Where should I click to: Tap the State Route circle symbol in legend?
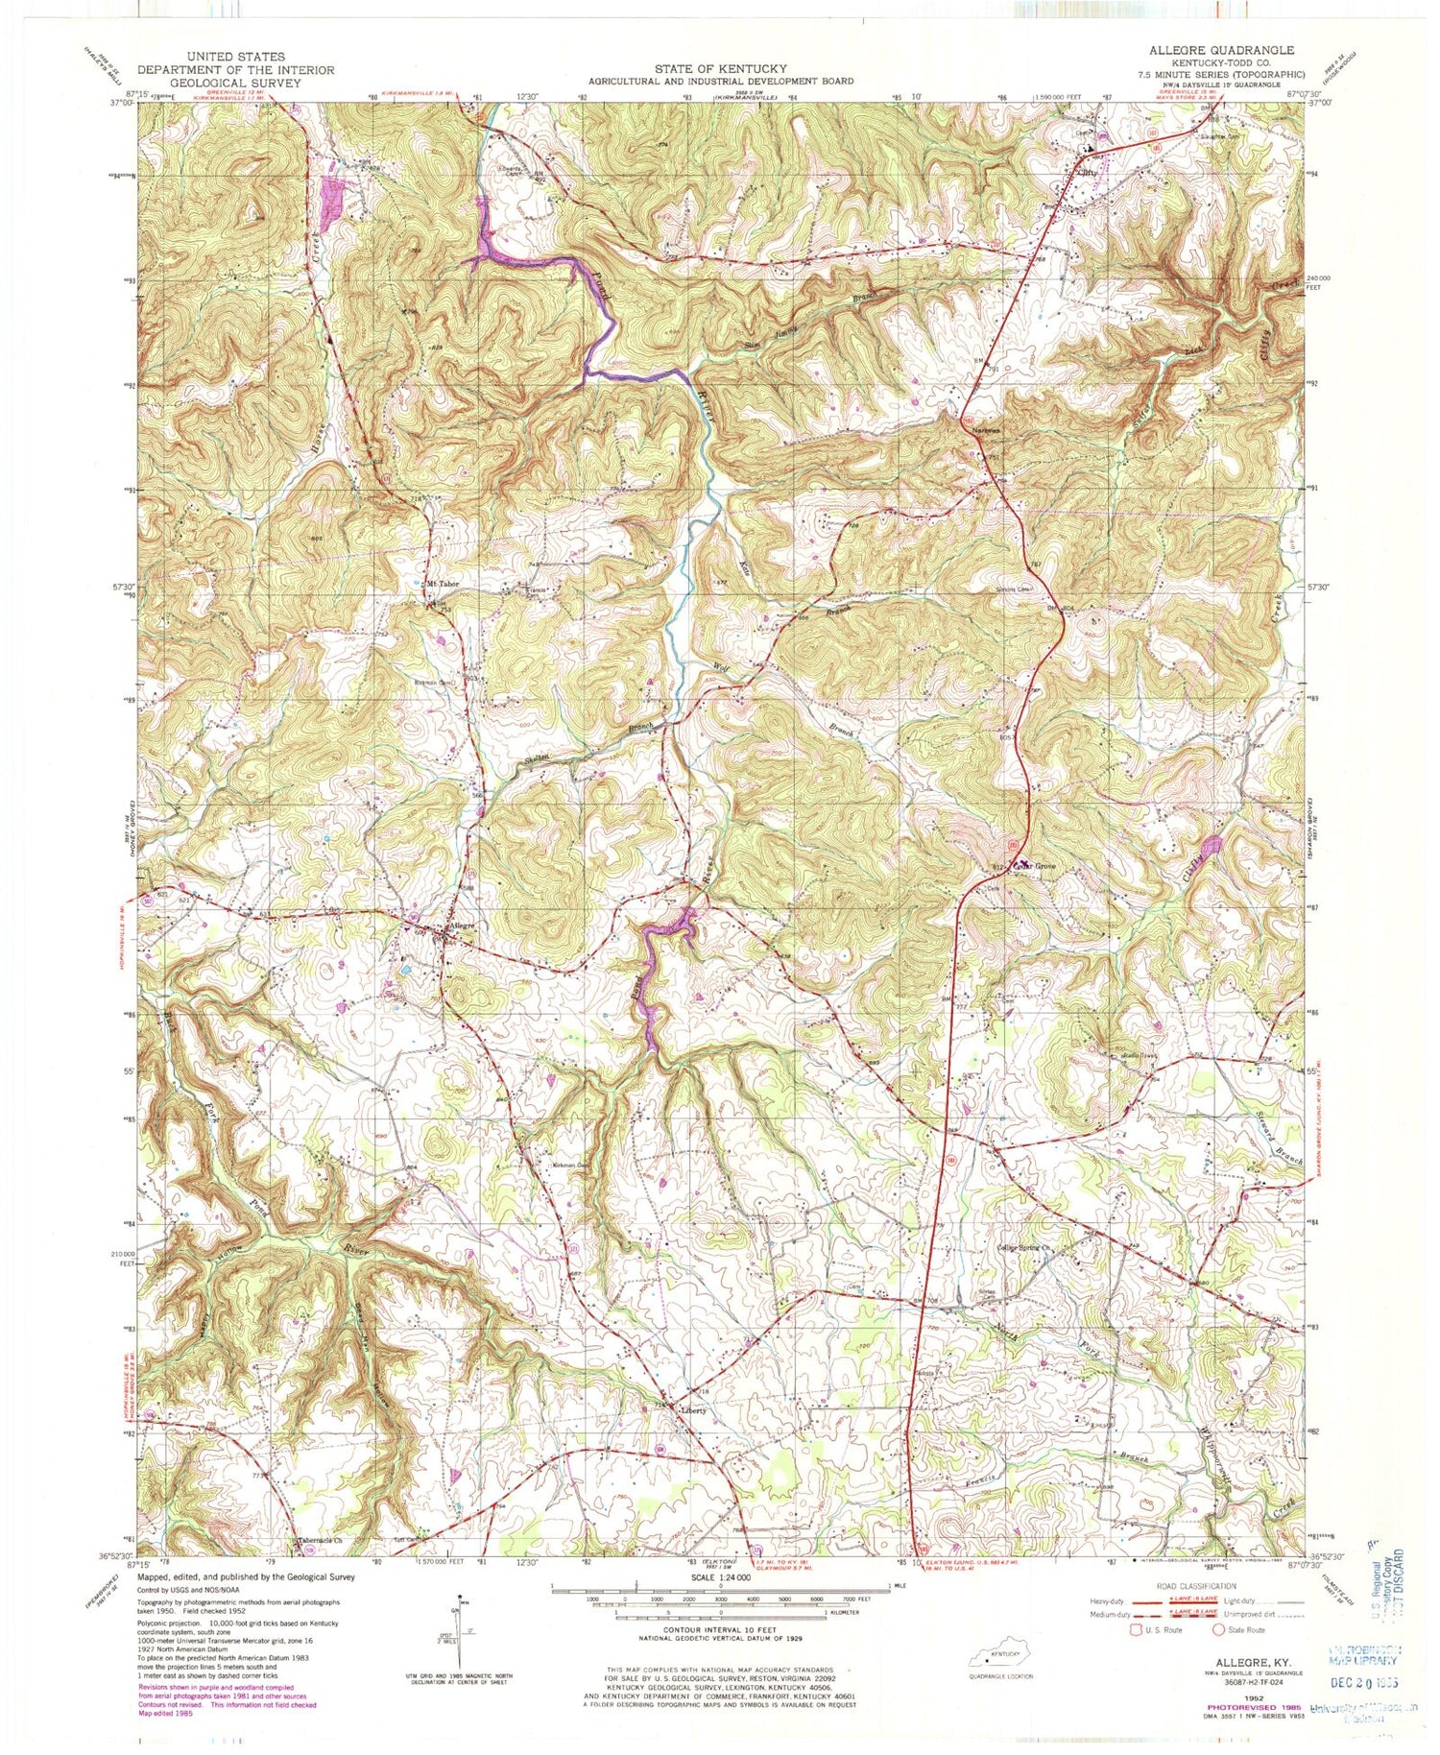(x=1220, y=1627)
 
